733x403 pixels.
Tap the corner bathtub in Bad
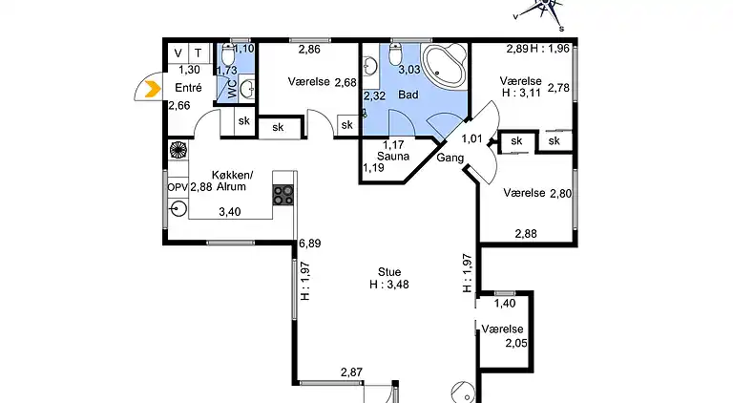tap(444, 66)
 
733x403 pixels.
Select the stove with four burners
tap(283, 195)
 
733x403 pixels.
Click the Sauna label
tap(393, 157)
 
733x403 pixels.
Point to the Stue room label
tap(389, 272)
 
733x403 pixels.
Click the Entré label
tap(188, 88)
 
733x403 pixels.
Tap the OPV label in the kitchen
tap(178, 187)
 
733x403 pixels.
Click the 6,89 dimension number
tap(309, 244)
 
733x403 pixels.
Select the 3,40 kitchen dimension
tap(230, 212)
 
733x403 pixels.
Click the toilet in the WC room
tap(228, 54)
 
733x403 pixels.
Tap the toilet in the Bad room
tap(395, 54)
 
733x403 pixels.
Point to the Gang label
tap(450, 158)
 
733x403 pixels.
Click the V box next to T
tap(178, 53)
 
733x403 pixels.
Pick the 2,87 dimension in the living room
tap(351, 372)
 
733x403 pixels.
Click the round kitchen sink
tap(178, 208)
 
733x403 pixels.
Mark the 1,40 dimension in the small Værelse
tap(505, 304)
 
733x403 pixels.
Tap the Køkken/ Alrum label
tap(232, 180)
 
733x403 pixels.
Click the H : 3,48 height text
tap(389, 285)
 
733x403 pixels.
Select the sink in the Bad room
tap(370, 67)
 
